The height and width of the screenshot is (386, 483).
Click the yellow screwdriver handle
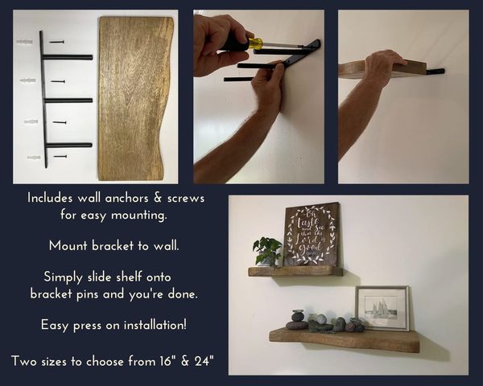256,43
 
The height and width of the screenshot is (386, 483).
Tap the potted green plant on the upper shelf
267,252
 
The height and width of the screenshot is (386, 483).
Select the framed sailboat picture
382,308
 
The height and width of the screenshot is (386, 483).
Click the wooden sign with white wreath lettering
312,235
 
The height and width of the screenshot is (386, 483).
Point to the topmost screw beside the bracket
57,42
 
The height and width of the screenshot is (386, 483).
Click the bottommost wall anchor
34,158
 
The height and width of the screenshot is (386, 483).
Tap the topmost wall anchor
24,41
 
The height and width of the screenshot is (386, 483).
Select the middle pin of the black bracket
68,101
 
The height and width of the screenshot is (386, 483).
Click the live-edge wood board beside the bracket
135,98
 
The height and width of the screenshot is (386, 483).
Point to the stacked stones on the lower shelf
296,319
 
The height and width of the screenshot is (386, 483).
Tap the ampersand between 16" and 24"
185,361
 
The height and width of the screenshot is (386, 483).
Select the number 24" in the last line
204,361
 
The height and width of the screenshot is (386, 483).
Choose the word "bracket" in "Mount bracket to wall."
113,245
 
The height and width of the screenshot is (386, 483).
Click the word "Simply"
64,277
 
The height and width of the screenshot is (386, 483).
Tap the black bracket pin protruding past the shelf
436,72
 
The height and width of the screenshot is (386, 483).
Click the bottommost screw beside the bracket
60,156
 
